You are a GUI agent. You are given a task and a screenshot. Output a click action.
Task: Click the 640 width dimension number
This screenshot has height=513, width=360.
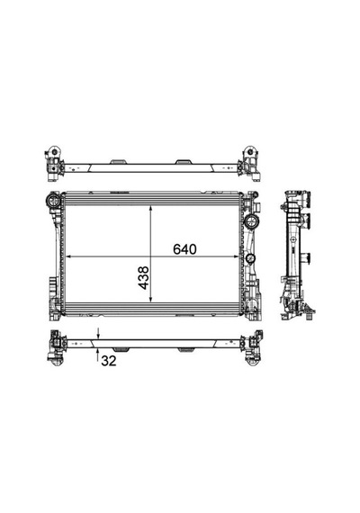[x=184, y=249]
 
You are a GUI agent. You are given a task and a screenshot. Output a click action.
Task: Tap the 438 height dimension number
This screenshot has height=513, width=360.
[x=143, y=278]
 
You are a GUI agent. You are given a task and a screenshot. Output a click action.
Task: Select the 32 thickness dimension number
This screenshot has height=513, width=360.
[x=109, y=361]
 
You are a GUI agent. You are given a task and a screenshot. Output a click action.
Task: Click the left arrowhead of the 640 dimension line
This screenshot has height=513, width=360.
[x=69, y=256]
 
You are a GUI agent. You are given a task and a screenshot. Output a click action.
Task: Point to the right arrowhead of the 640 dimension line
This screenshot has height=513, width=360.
[x=236, y=256]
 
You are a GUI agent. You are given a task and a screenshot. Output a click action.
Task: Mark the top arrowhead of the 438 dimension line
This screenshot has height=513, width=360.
[x=150, y=209]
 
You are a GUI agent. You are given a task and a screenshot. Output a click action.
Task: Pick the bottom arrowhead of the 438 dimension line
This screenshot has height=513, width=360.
[x=150, y=298]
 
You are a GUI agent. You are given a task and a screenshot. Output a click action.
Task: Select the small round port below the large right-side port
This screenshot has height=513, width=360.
[x=250, y=257]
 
